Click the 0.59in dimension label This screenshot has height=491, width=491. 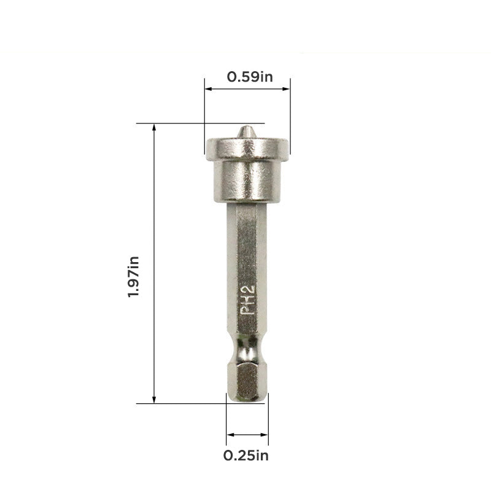coord(250,77)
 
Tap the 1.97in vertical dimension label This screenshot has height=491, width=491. coord(133,276)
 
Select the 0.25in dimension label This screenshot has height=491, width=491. coord(246,455)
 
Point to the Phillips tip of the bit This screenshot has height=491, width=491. coord(245,132)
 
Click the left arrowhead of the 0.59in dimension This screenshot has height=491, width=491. coord(207,89)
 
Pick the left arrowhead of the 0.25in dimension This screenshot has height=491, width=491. coord(229,435)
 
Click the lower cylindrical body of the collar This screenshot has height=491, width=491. coord(247,181)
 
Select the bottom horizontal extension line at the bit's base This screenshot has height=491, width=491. coord(184,403)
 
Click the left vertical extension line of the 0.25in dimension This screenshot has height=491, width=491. coord(226,423)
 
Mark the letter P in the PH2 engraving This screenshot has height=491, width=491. coord(247,310)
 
